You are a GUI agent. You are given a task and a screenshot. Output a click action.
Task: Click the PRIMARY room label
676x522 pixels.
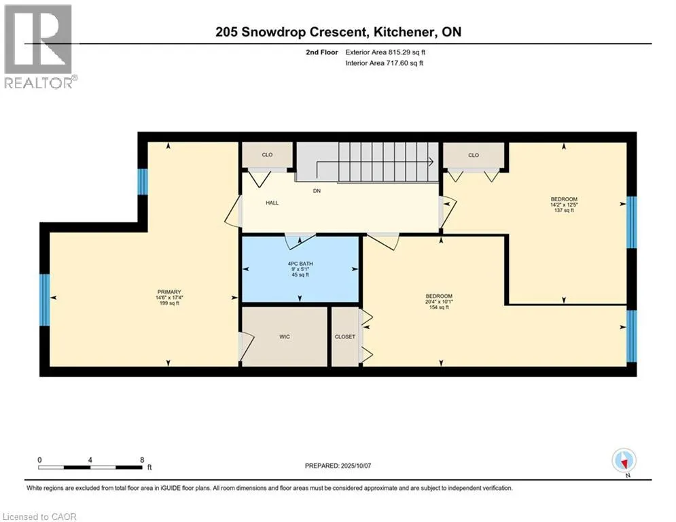(169, 292)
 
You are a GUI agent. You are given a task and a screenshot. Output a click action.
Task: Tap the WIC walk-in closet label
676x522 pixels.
(285, 336)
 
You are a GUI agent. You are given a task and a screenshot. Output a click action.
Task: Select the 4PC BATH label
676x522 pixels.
(300, 264)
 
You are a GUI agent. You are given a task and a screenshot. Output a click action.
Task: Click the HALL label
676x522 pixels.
(272, 203)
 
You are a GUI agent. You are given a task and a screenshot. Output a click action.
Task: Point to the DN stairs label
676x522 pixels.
(317, 191)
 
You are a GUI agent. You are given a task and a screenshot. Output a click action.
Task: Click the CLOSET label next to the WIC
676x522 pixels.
(345, 336)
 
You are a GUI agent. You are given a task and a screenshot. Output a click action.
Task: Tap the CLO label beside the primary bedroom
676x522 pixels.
(267, 154)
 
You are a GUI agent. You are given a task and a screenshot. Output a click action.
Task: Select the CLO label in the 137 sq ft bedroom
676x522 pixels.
(474, 155)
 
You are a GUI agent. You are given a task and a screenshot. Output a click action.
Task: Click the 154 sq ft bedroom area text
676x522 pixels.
(439, 308)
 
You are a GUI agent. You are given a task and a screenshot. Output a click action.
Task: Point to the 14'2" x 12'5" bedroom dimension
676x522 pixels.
(564, 205)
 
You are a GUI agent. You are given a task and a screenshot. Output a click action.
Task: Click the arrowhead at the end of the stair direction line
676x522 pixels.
(431, 162)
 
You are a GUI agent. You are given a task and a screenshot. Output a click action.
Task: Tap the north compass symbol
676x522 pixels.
(624, 460)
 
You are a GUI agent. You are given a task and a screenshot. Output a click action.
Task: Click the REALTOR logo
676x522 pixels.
(39, 46)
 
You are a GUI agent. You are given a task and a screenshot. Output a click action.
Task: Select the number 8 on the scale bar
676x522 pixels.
(142, 460)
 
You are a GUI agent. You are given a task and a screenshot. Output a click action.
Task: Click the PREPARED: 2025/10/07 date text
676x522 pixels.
(338, 466)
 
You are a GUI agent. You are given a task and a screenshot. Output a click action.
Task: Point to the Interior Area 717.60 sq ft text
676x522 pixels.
(384, 63)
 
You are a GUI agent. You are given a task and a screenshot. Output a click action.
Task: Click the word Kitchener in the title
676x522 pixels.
(404, 32)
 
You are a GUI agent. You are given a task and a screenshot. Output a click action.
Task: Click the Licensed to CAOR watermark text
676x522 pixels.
(39, 517)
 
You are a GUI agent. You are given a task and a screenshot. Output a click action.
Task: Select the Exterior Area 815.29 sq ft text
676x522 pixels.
(385, 52)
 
